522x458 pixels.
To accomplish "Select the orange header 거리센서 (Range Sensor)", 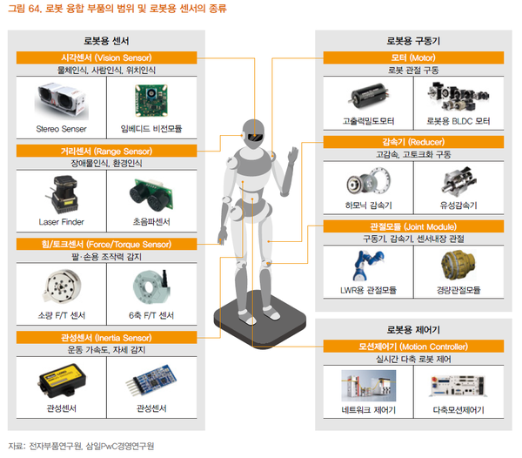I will click(x=110, y=151).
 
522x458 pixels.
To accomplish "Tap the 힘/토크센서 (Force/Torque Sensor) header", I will click(x=110, y=244).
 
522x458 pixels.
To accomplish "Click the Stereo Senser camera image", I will click(x=60, y=101).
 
